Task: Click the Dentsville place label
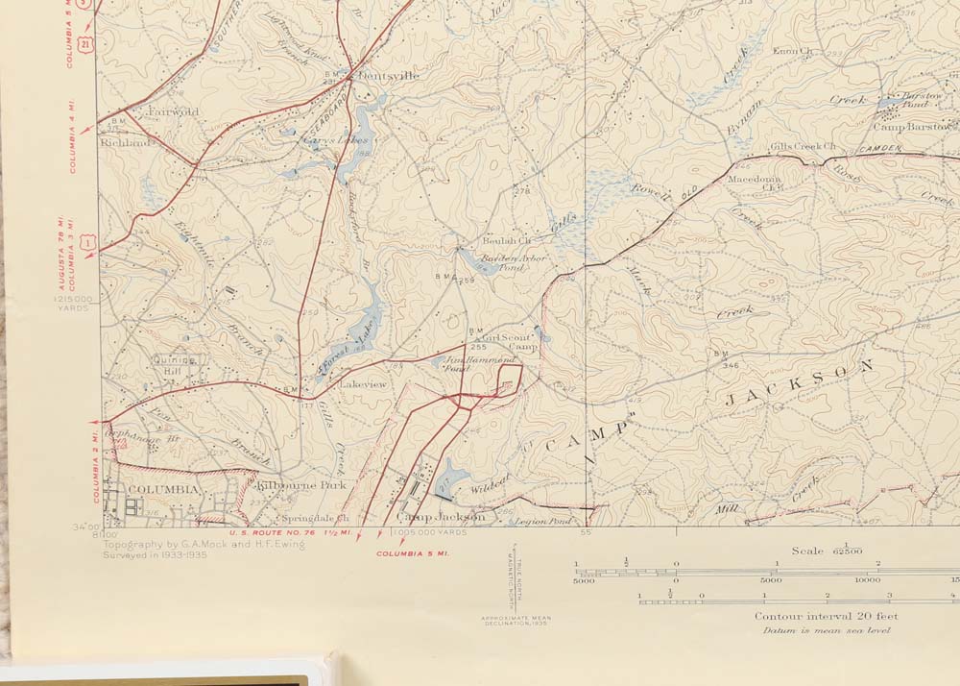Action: click(x=389, y=76)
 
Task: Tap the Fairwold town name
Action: click(x=173, y=111)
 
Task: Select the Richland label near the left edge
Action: click(x=127, y=142)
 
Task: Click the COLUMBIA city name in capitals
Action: click(x=162, y=489)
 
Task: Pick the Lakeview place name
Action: click(x=363, y=384)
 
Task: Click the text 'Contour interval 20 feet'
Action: click(x=825, y=616)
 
